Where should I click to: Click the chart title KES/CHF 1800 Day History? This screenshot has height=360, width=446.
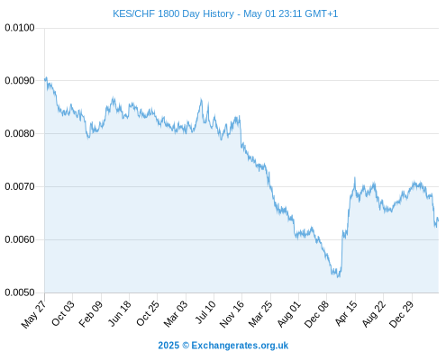[173, 13]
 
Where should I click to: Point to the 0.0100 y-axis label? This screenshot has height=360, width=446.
[20, 28]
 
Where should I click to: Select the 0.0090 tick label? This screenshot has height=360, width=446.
[20, 81]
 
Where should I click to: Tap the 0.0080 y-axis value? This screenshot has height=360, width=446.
[20, 133]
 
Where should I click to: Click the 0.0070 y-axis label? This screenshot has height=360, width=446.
[20, 186]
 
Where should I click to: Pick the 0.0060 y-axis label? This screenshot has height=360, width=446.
[20, 239]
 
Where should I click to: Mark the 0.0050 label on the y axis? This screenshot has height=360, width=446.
[20, 292]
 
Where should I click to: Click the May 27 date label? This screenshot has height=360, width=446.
[33, 314]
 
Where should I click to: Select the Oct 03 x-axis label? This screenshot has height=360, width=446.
[62, 313]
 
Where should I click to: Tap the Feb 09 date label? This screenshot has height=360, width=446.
[90, 314]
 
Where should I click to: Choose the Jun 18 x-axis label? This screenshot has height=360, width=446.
[119, 313]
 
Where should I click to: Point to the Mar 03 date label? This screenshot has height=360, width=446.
[176, 314]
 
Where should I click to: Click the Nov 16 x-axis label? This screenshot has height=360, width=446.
[232, 314]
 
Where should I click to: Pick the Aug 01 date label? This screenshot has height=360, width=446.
[288, 314]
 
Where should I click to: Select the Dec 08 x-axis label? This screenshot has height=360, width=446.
[316, 314]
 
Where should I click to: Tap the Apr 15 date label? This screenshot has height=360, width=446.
[346, 313]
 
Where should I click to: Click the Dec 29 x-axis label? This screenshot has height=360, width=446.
[401, 314]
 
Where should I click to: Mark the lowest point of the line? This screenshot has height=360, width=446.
[339, 277]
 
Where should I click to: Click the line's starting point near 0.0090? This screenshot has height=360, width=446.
[45, 79]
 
